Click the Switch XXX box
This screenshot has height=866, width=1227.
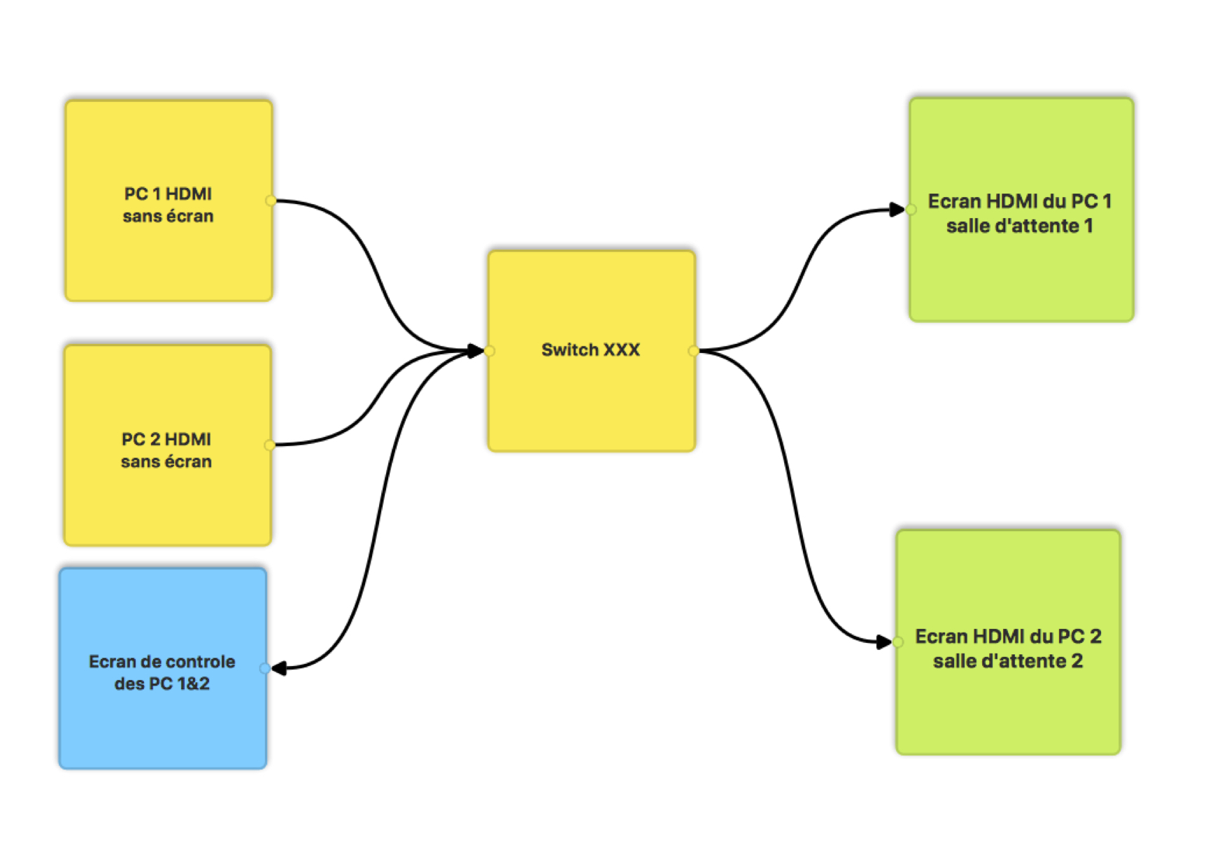coord(591,405)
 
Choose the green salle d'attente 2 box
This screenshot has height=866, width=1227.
coord(1007,706)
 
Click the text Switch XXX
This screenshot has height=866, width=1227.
coord(590,350)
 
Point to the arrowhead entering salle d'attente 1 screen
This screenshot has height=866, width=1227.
coord(897,210)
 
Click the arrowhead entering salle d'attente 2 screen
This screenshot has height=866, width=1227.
coord(884,642)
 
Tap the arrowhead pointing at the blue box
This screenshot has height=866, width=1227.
coord(279,669)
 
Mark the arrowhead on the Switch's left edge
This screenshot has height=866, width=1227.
coord(476,351)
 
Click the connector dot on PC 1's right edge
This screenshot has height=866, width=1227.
coord(270,201)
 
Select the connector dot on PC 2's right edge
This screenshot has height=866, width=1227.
coord(269,445)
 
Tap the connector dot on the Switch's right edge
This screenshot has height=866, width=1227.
coord(693,351)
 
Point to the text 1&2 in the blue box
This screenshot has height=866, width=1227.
coord(193,684)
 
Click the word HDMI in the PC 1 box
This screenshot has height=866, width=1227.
coord(189,194)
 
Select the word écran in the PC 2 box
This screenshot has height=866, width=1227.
coord(187,462)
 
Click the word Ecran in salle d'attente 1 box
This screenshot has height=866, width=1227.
coord(954,202)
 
